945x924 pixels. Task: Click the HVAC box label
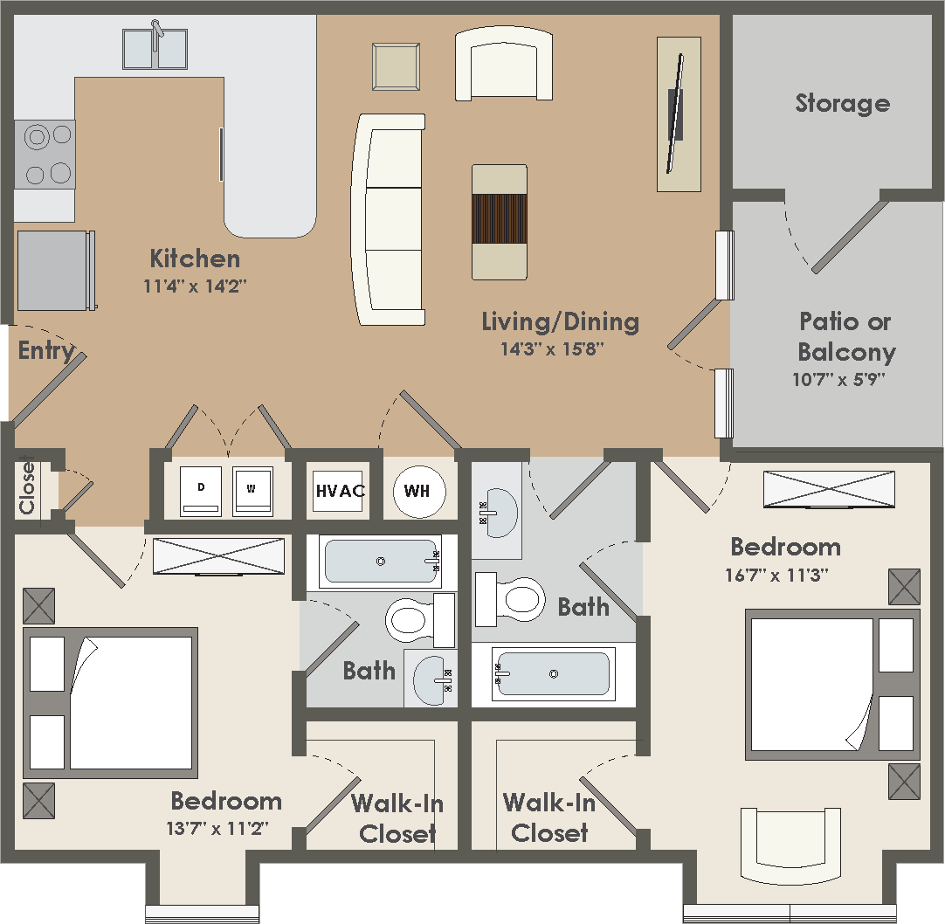(340, 491)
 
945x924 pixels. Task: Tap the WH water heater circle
(417, 491)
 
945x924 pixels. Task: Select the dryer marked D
(201, 491)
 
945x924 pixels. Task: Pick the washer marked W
(252, 491)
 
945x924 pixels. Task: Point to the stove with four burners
(45, 155)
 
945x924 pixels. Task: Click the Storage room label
(842, 103)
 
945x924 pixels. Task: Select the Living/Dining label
(560, 321)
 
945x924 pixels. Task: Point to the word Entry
(46, 351)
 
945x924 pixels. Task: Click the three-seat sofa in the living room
(390, 218)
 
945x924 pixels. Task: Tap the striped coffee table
(500, 221)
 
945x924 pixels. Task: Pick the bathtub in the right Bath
(552, 673)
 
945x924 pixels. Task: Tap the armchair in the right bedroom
(790, 843)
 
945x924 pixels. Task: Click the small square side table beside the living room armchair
(396, 66)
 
